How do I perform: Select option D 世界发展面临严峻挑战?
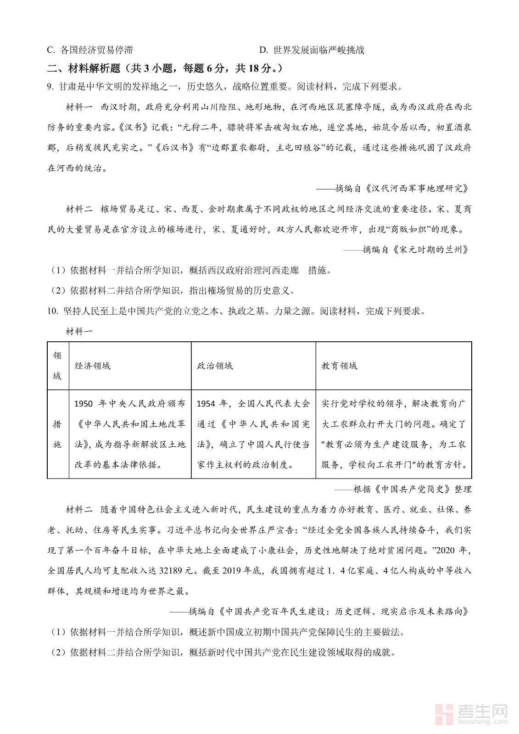[x=312, y=50]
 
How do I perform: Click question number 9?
[x=50, y=87]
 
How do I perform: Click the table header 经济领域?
[x=93, y=366]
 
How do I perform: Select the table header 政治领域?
[x=215, y=366]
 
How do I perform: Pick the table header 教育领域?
[x=339, y=366]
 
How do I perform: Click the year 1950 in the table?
[x=84, y=404]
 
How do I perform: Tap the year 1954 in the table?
[x=206, y=404]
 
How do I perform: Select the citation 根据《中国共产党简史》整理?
[x=412, y=489]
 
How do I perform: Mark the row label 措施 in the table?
[x=57, y=434]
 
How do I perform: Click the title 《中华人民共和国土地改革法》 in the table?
[x=130, y=424]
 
